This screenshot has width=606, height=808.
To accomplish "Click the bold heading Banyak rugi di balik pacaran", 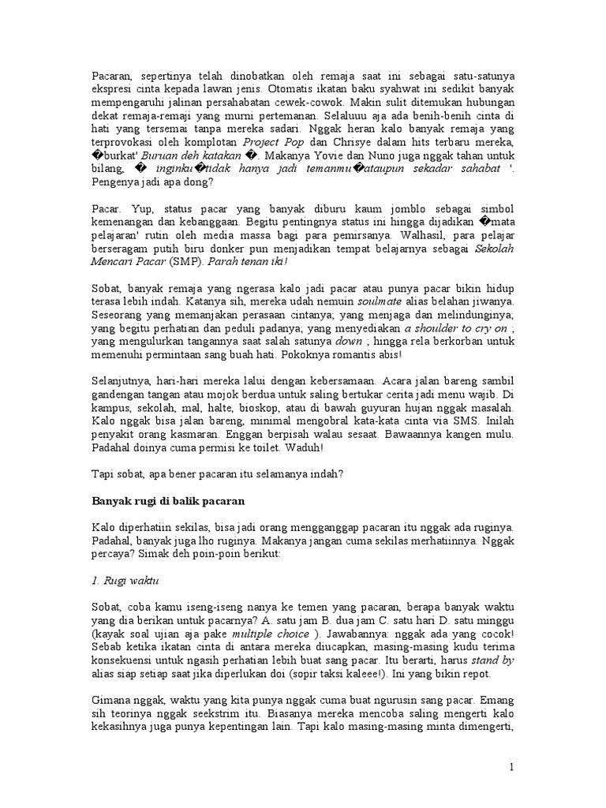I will point(167,501).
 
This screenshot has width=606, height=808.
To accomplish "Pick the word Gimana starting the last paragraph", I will point(111,701).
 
